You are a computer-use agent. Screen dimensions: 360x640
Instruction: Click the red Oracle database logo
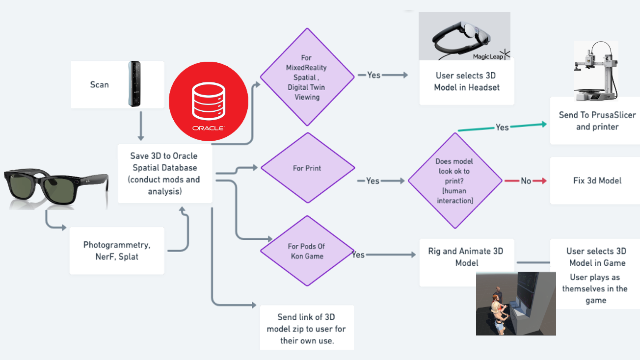click(x=209, y=106)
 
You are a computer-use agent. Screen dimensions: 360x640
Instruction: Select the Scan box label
click(x=100, y=84)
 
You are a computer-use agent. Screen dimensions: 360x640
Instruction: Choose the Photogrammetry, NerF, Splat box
click(x=117, y=251)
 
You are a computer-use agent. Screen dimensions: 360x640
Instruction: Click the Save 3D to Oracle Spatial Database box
click(x=164, y=174)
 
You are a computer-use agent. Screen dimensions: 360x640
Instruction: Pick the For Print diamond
click(x=307, y=168)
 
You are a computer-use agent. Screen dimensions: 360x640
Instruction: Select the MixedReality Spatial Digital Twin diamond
click(x=307, y=77)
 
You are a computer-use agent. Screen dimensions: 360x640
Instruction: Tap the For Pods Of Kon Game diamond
click(x=307, y=251)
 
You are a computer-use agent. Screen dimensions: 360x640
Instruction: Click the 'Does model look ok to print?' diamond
click(x=454, y=181)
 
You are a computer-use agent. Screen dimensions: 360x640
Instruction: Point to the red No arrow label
click(x=526, y=181)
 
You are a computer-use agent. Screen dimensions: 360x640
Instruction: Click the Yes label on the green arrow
click(x=502, y=128)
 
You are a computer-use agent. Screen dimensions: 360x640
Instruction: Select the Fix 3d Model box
click(x=597, y=180)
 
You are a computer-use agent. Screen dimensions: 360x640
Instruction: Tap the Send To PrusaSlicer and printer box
click(x=597, y=121)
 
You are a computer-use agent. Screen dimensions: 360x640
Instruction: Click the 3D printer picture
click(x=595, y=71)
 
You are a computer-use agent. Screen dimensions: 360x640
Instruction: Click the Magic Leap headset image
click(x=464, y=36)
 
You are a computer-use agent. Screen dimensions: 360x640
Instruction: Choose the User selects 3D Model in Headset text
click(x=466, y=81)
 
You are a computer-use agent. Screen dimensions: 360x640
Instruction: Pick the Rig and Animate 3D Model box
click(x=466, y=257)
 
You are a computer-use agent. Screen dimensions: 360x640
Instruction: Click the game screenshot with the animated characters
click(x=515, y=303)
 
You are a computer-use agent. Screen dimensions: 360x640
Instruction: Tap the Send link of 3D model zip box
click(x=307, y=329)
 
